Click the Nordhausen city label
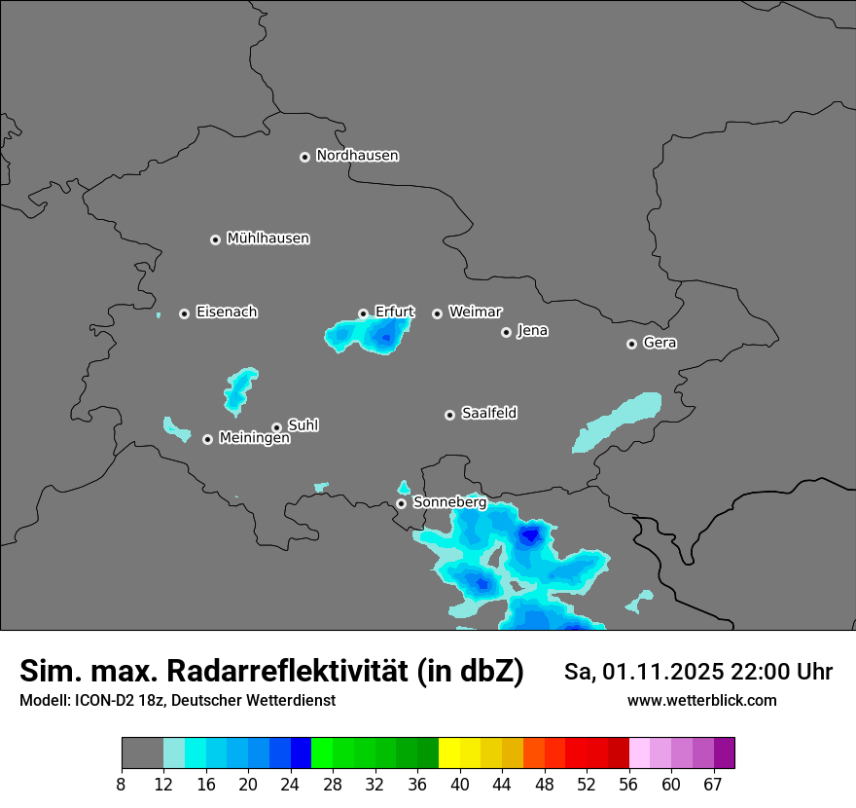coord(357,156)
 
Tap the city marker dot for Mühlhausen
coord(216,239)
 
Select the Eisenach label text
coord(227,312)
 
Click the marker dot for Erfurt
coord(363,313)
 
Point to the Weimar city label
coord(475,312)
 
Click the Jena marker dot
coord(506,332)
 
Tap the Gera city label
coord(660,343)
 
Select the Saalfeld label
coord(488,414)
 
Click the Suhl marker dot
coord(276,427)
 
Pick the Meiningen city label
coord(254,439)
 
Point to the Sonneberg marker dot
coord(401,503)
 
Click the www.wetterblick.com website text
coord(701,700)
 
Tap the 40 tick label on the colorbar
coord(460,784)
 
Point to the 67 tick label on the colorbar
coord(713,784)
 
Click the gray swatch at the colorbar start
coord(142,753)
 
